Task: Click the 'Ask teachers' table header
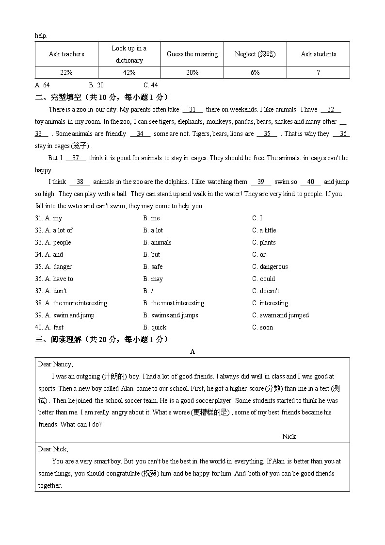coord(66,54)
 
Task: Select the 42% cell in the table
coord(129,72)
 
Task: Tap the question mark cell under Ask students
coord(318,72)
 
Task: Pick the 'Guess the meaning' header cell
coord(192,54)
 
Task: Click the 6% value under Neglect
coord(255,72)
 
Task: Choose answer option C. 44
coord(151,85)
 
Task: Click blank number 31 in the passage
coord(192,110)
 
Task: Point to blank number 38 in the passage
coord(80,182)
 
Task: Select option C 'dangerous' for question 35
coord(270,267)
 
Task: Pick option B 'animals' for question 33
coord(157,243)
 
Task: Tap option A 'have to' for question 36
coord(59,279)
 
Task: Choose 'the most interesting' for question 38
coord(174,303)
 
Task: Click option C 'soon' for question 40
coord(262,328)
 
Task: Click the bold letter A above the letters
coord(192,352)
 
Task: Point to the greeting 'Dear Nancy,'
coord(56,364)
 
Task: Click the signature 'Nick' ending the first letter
coord(289,436)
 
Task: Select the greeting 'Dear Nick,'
coord(53,449)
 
